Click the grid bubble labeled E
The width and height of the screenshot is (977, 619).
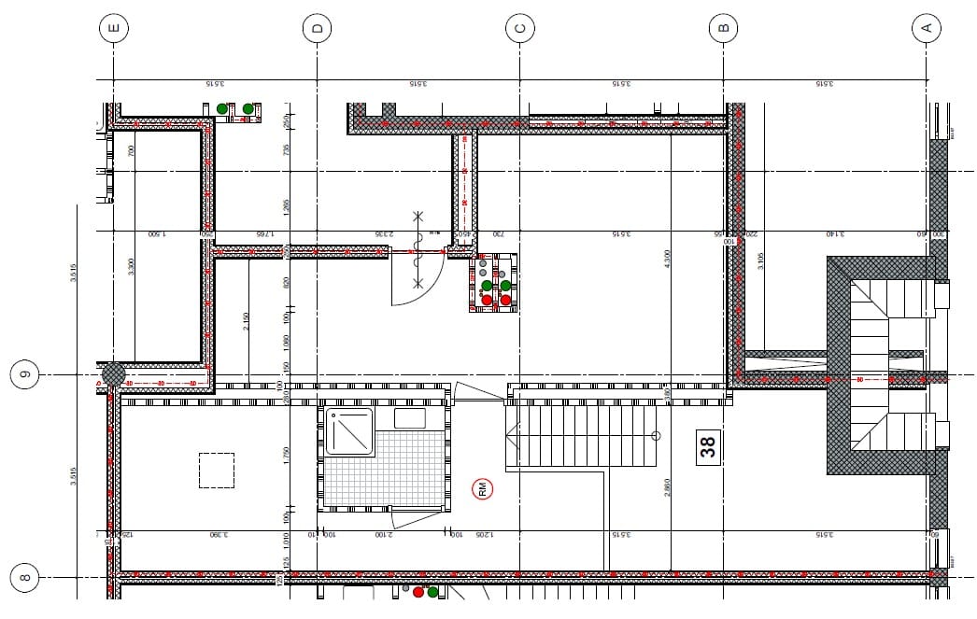click(114, 29)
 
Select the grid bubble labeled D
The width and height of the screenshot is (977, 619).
click(318, 29)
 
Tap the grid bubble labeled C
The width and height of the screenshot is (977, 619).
click(520, 29)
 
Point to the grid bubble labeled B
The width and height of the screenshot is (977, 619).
click(723, 29)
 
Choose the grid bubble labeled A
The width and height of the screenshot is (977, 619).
click(926, 29)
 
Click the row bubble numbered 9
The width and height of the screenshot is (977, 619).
click(26, 376)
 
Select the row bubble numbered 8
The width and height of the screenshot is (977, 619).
click(25, 577)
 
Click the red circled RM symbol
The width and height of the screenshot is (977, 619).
click(484, 488)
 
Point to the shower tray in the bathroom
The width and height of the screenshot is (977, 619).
click(348, 431)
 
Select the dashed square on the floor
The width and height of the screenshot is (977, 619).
click(217, 471)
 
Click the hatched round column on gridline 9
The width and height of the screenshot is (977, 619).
click(113, 374)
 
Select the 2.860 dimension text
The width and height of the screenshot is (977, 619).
click(666, 488)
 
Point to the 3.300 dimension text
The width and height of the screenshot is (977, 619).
click(132, 267)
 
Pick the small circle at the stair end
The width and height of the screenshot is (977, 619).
click(655, 435)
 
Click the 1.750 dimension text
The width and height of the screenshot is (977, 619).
click(287, 456)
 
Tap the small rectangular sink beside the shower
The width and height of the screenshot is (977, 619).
click(410, 418)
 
